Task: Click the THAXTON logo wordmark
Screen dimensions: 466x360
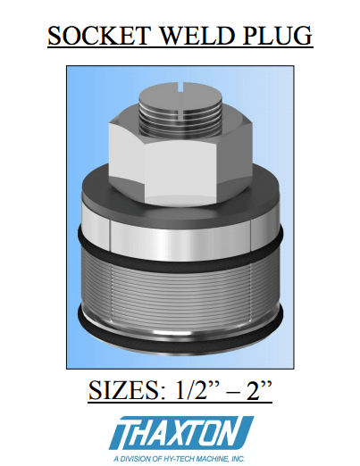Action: click(x=180, y=433)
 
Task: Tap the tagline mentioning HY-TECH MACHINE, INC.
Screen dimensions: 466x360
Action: click(x=180, y=457)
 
